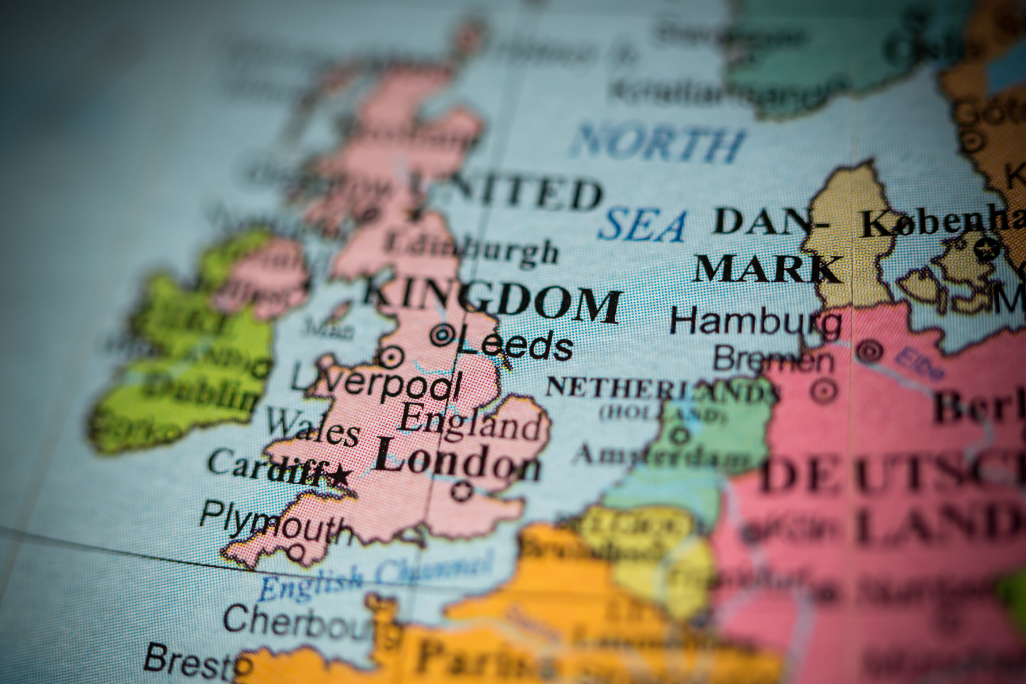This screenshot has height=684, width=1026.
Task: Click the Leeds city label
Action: tap(515, 346)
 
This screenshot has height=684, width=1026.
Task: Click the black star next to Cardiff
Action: tap(340, 476)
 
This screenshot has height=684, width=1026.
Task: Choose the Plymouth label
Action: tap(276, 526)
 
